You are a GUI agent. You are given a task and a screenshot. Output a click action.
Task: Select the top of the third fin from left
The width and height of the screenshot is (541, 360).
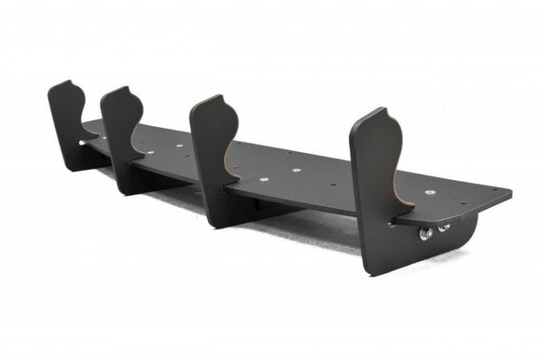tap(217, 97)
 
